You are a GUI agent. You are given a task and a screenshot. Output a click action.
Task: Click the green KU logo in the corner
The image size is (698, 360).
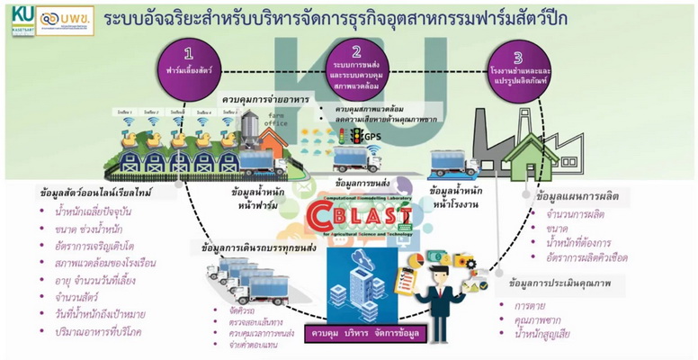(15, 18)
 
